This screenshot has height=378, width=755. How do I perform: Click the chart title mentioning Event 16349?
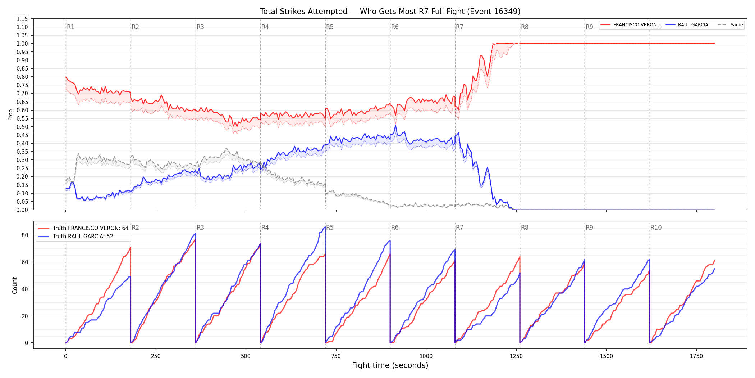pos(390,12)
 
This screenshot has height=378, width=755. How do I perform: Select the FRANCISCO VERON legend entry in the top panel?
pos(628,25)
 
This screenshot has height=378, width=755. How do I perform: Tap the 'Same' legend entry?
pos(730,25)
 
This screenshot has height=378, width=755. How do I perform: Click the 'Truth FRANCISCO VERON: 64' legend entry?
pos(83,228)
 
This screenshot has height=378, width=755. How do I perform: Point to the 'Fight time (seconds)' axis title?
pos(390,365)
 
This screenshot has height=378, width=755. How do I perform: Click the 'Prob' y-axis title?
pos(10,114)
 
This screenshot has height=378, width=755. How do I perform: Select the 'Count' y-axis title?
pos(15,285)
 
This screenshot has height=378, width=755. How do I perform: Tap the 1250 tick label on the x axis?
pos(516,356)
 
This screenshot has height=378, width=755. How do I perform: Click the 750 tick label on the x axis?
pos(336,356)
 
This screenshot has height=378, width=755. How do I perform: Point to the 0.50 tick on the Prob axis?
pos(22,127)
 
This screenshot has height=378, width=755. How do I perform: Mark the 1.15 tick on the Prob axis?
pos(22,19)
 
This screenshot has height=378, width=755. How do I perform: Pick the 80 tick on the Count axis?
pos(25,235)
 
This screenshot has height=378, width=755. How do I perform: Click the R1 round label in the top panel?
pos(70,27)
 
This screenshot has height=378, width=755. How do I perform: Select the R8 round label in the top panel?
pos(525,27)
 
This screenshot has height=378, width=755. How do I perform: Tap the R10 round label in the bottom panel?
pos(656,228)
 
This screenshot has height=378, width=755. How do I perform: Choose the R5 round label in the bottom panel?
pos(330,228)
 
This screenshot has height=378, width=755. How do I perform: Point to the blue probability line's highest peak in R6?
pos(395,125)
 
